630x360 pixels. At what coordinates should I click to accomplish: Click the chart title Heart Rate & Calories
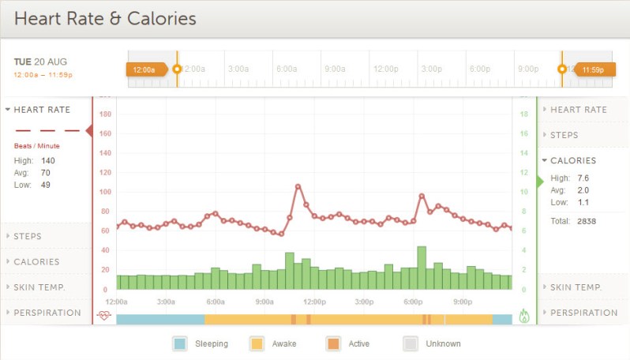coord(105,18)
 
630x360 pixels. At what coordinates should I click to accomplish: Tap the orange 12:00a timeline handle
coord(145,69)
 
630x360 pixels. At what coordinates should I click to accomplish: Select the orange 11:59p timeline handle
coord(592,69)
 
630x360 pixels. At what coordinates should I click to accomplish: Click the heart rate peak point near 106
coord(298,187)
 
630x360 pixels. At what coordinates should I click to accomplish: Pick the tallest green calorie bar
coord(422,268)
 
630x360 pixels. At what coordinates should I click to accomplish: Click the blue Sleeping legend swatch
coord(180,343)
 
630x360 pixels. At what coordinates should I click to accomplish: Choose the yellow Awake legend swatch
coord(257,343)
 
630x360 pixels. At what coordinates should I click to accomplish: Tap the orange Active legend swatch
coord(333,343)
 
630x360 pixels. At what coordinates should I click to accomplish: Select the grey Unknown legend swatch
coord(411,343)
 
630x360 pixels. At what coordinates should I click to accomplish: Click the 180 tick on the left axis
coord(105,114)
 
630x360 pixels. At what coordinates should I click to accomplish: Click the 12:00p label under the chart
coord(314,302)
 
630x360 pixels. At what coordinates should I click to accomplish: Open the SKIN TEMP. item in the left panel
coord(39,287)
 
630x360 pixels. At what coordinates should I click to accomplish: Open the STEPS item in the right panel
coord(564,135)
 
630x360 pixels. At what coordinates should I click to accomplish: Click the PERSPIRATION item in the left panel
coord(47,313)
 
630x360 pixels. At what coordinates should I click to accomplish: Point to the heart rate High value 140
coord(48,160)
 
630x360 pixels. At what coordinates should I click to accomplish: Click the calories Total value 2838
coord(586,221)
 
